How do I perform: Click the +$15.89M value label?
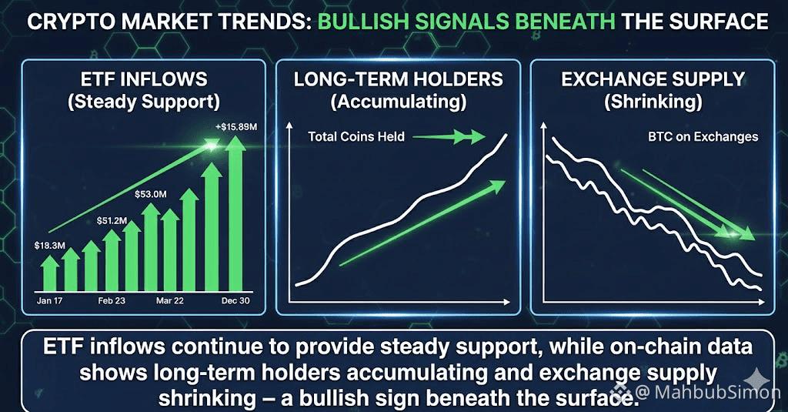tap(235, 127)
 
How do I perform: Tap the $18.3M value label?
tap(50, 246)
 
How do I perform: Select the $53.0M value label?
tap(150, 194)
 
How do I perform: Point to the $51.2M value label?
tap(112, 220)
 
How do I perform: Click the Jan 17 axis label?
tap(50, 301)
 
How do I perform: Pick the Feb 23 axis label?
tap(112, 301)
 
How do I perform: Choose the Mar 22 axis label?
tap(170, 301)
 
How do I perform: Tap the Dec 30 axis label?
tap(235, 301)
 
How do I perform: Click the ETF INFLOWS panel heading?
tap(144, 79)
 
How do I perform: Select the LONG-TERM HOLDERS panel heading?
tap(398, 79)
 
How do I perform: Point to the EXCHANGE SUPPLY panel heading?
tap(653, 79)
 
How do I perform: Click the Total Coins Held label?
tap(356, 137)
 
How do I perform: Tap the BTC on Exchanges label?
tap(703, 137)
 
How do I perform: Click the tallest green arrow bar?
tap(235, 214)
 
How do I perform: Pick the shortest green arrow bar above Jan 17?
tap(50, 273)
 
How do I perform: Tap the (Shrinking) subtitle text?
tap(653, 102)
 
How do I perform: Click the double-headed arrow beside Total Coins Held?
tap(449, 136)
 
